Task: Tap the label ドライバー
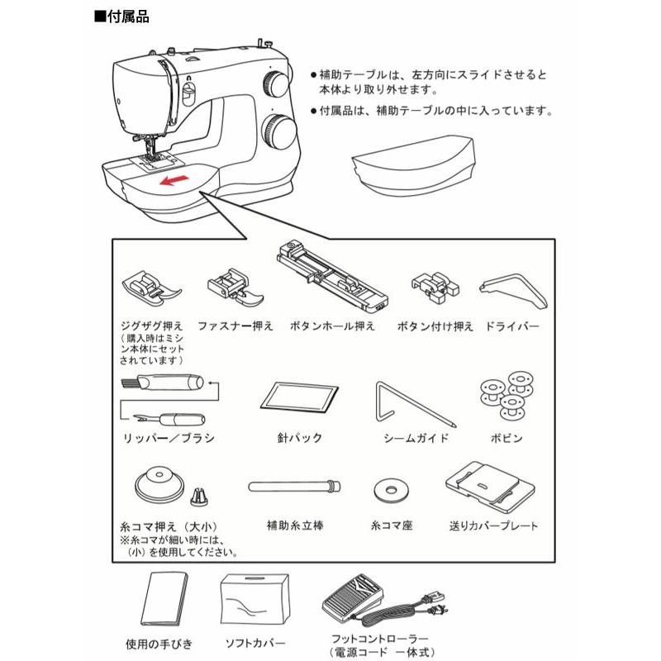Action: pos(513,326)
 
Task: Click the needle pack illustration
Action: pos(301,397)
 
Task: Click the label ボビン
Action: pos(506,437)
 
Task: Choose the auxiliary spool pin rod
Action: pos(294,484)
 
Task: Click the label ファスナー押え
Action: pos(235,326)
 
